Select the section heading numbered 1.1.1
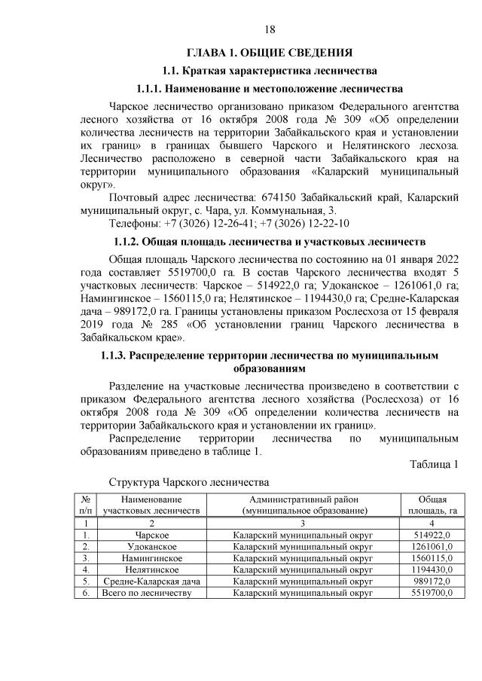[270, 90]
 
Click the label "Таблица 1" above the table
[434, 463]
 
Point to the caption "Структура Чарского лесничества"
[189, 481]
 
